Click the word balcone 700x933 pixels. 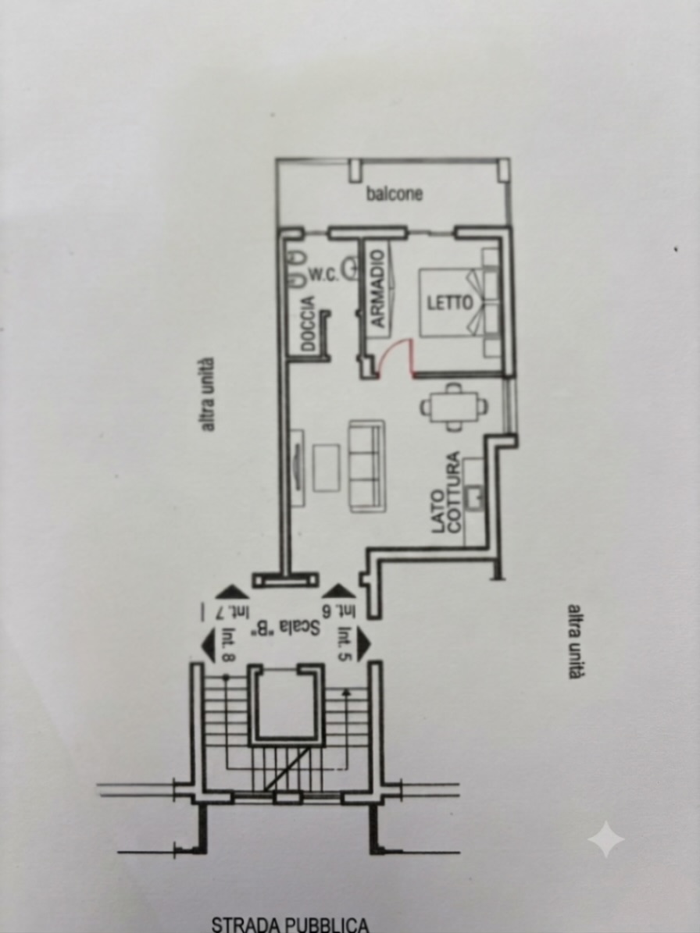click(394, 194)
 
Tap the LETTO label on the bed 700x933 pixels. click(449, 303)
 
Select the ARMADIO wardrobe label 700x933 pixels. click(378, 288)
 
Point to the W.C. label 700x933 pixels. click(323, 274)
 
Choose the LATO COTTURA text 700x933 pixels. click(446, 492)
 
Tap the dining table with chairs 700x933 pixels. click(454, 407)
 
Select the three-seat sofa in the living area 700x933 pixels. click(366, 466)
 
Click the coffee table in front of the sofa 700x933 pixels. click(327, 468)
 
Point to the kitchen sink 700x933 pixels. click(474, 497)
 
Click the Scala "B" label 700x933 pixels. click(288, 627)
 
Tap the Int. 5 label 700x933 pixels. click(345, 644)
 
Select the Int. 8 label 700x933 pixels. click(229, 645)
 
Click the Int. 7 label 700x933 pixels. click(232, 611)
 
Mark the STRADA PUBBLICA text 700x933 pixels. click(291, 924)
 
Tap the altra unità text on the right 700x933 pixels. click(573, 642)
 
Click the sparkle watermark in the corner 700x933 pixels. click(606, 839)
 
